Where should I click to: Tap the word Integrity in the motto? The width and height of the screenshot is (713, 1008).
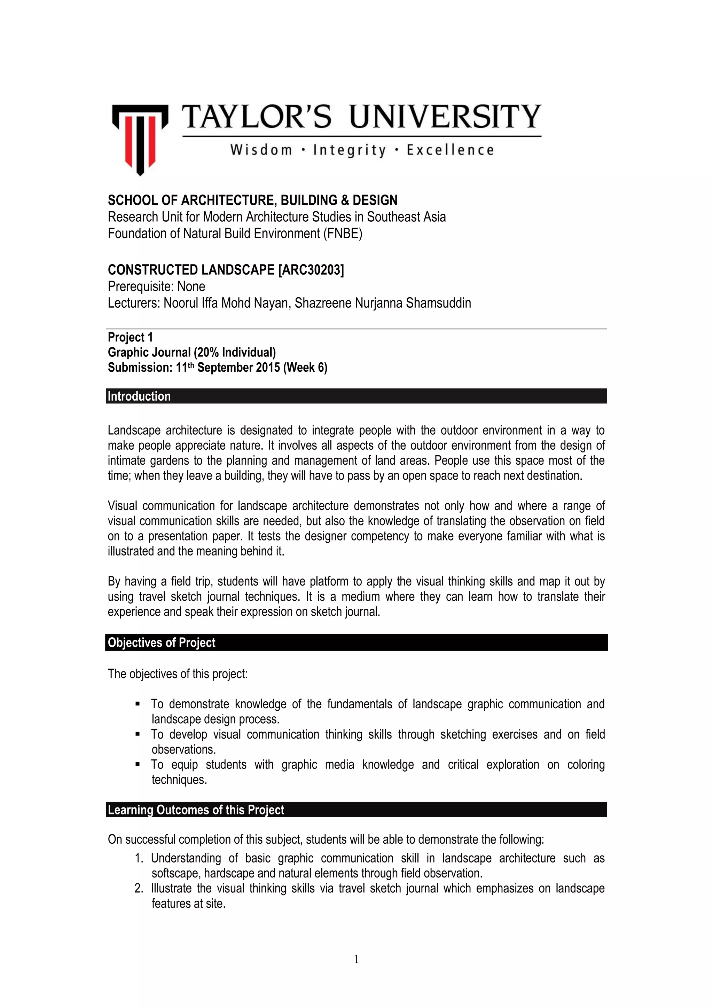click(349, 151)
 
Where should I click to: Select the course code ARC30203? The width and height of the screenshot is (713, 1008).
click(311, 269)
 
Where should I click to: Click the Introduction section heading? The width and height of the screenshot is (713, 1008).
click(139, 396)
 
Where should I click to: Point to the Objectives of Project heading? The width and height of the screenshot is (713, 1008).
click(162, 643)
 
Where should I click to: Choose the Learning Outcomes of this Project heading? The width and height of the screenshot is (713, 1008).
click(196, 810)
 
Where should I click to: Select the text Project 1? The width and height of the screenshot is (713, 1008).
click(131, 337)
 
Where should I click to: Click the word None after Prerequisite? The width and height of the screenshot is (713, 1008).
click(191, 287)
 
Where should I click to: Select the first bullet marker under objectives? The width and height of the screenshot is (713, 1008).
click(138, 704)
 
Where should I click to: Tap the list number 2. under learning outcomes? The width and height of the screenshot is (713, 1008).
click(139, 889)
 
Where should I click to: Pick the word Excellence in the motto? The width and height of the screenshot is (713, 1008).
click(450, 151)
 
